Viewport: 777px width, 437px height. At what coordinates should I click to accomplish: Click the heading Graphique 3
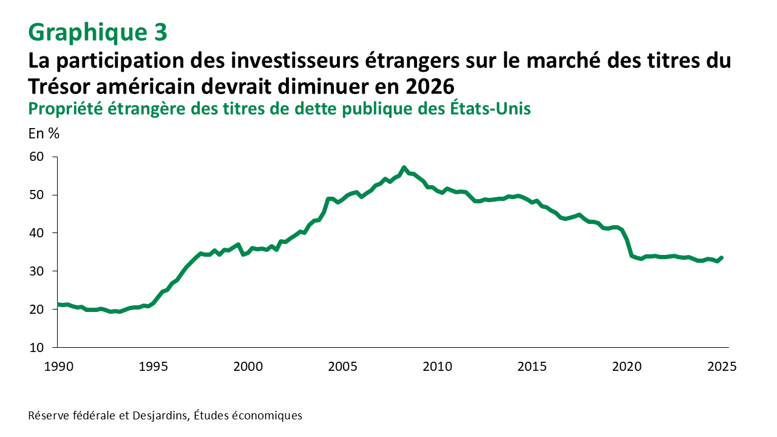[98, 33]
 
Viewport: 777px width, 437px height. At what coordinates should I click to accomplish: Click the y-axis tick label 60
[36, 157]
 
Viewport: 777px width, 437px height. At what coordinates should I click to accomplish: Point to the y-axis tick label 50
[36, 195]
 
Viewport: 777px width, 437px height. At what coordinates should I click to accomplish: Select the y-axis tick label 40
[36, 233]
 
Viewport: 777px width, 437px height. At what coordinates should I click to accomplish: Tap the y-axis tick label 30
[36, 271]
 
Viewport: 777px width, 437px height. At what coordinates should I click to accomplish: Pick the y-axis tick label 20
[36, 310]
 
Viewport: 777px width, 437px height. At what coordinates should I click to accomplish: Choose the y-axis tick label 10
[36, 348]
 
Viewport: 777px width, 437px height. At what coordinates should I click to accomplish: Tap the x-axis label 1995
[152, 367]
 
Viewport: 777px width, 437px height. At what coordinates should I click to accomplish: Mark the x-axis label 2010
[437, 367]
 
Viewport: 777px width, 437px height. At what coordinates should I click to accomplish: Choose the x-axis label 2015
[532, 367]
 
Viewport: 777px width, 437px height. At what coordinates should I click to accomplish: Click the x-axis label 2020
[627, 367]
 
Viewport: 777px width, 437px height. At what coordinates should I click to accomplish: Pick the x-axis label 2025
[722, 367]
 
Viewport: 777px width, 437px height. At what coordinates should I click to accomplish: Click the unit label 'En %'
[44, 134]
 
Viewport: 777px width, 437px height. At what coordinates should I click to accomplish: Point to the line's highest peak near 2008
[404, 168]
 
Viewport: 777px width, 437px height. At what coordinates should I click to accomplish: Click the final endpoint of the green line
[722, 257]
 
